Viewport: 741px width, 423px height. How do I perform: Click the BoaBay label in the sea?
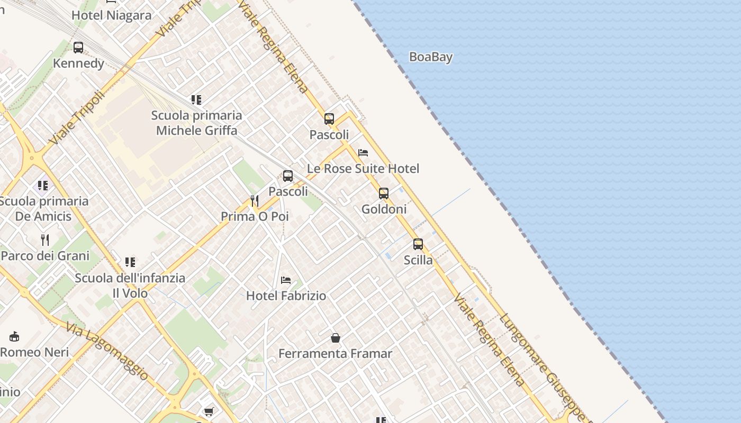point(430,57)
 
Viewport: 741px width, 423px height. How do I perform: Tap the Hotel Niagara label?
point(111,15)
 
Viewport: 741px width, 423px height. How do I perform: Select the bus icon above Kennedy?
point(78,48)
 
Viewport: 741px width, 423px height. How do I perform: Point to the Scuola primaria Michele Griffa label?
point(196,123)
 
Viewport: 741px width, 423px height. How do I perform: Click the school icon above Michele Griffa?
point(196,99)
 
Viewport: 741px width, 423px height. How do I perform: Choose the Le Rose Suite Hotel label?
point(363,169)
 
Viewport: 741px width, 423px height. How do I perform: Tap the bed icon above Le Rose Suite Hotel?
point(363,153)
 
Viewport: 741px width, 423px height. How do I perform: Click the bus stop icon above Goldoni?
point(384,194)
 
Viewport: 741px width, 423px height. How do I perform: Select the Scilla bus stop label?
point(418,260)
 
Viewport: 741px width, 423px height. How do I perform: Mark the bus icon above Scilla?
point(418,244)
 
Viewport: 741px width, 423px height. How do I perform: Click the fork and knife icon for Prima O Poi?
point(255,200)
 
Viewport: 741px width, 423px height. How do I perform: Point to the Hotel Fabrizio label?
point(286,296)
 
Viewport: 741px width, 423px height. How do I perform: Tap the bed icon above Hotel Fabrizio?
point(286,280)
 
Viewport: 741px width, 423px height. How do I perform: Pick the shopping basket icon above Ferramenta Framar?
point(336,337)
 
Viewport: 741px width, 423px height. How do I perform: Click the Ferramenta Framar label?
point(336,353)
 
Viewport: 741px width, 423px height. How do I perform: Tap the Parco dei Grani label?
point(45,256)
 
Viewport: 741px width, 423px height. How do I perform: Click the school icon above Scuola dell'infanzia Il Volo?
point(130,262)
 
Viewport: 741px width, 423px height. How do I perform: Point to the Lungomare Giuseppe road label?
point(543,365)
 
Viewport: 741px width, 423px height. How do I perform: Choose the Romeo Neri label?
point(34,352)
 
